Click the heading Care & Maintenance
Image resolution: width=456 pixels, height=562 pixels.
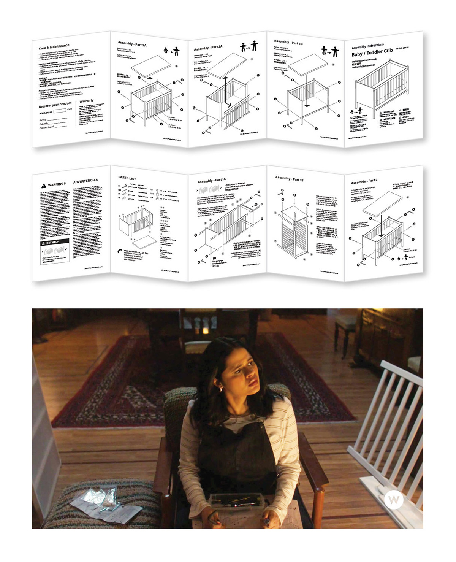click(x=54, y=47)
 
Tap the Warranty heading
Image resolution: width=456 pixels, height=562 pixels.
click(x=86, y=101)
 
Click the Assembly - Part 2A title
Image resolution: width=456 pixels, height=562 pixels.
click(x=132, y=44)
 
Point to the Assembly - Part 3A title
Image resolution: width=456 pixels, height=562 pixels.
click(x=208, y=48)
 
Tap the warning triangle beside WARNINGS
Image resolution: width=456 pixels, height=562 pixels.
click(x=44, y=186)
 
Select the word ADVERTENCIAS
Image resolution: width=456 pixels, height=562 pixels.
click(x=85, y=181)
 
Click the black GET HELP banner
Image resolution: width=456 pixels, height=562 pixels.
click(x=55, y=243)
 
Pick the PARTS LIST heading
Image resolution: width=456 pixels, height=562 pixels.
click(x=127, y=178)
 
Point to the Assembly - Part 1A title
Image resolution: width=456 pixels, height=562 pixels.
click(x=211, y=181)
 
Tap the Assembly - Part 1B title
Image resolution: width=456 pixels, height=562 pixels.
click(x=289, y=178)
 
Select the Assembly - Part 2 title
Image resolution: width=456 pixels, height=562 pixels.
click(x=364, y=181)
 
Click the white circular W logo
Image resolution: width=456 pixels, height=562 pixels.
click(x=393, y=500)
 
